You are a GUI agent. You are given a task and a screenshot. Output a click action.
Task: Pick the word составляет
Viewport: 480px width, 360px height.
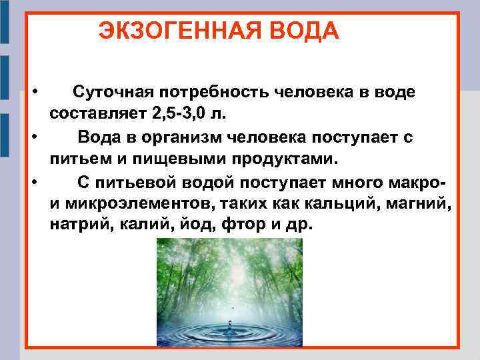pyautogui.click(x=93, y=114)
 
